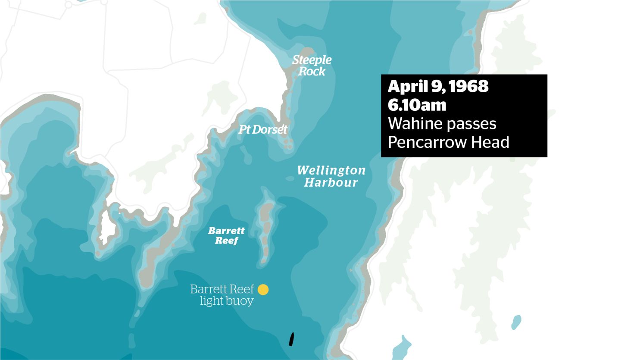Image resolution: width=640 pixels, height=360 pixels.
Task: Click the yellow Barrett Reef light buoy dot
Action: (263, 290)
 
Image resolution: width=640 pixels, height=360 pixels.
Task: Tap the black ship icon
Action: (291, 339)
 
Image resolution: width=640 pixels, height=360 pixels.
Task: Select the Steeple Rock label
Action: (312, 66)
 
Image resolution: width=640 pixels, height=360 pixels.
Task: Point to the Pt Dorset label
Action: (263, 129)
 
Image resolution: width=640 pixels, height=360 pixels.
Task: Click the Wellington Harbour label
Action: (331, 176)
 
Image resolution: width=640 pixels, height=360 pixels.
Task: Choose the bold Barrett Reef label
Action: (226, 235)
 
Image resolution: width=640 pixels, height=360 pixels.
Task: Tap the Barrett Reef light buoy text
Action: (222, 294)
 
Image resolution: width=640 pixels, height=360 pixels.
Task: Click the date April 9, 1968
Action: (438, 86)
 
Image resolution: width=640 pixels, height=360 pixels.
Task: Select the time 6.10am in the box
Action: (417, 105)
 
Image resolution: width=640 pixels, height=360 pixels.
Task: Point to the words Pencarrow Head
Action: (448, 142)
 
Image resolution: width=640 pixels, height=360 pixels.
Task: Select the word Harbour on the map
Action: (331, 182)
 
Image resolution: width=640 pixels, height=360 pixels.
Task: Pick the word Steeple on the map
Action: (312, 60)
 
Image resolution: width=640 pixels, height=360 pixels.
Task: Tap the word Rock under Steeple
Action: (312, 72)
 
